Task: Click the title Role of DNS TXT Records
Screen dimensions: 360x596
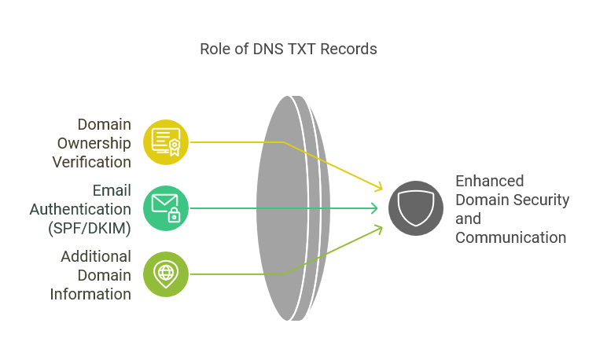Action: (289, 49)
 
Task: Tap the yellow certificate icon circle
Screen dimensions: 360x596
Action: (166, 142)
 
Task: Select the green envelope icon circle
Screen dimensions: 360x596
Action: (166, 208)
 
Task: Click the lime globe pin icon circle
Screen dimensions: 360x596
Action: (166, 274)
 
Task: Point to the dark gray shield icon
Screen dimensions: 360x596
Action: (416, 208)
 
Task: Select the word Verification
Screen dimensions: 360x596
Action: (91, 162)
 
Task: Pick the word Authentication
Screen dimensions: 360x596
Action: (80, 209)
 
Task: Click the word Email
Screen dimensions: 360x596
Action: (112, 190)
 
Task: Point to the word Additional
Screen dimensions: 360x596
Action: (96, 256)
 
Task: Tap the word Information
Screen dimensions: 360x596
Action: (90, 294)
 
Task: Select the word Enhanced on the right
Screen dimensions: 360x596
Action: (489, 181)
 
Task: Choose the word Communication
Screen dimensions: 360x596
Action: (510, 237)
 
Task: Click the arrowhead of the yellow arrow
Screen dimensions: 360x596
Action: (380, 188)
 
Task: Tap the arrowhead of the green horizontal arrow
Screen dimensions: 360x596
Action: (375, 208)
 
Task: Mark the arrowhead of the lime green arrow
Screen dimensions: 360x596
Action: (380, 228)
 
